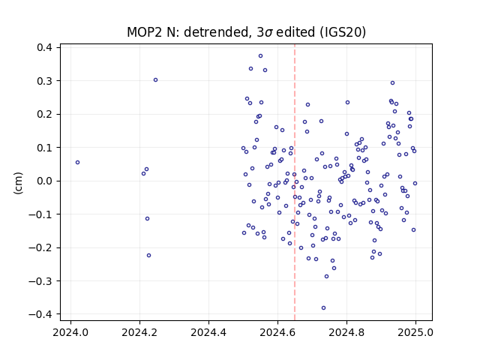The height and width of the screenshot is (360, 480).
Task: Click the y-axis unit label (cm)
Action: click(x=18, y=183)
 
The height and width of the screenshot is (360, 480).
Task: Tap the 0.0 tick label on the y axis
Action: click(x=44, y=181)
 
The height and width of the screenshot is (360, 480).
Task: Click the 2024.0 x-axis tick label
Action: click(x=70, y=332)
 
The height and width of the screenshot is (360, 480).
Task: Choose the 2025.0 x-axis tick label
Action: click(x=415, y=332)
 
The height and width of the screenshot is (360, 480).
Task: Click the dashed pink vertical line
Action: click(x=295, y=182)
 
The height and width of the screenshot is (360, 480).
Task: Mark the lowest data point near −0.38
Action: click(x=323, y=308)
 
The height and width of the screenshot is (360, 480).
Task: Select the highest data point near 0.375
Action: click(x=260, y=56)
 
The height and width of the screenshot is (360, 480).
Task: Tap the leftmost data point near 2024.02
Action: click(x=77, y=163)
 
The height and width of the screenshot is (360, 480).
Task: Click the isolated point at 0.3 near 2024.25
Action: click(x=155, y=80)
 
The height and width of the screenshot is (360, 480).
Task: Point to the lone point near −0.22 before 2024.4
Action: click(x=148, y=255)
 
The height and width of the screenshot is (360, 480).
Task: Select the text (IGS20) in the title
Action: click(x=343, y=32)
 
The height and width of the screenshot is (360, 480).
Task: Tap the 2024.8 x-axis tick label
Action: click(x=346, y=332)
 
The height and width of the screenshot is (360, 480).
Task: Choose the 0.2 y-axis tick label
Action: click(x=44, y=114)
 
